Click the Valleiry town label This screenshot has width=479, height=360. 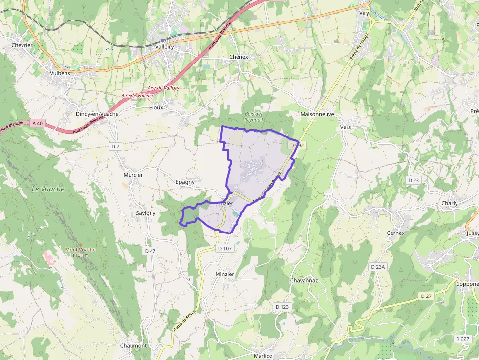click(164, 46)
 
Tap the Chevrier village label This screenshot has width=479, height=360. click(22, 45)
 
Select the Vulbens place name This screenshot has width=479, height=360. click(60, 73)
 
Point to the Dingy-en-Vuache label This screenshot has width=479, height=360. click(97, 114)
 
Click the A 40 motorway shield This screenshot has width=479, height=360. click(37, 123)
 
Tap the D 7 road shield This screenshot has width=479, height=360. click(115, 146)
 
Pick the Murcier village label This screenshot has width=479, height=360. click(133, 175)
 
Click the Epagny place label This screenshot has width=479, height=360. click(185, 182)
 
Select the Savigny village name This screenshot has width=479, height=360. click(146, 213)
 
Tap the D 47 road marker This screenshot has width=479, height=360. click(150, 251)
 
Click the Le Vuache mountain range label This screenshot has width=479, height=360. click(48, 189)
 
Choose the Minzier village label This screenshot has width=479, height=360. click(225, 274)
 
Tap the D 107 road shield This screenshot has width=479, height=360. click(225, 248)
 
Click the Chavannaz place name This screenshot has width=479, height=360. click(304, 281)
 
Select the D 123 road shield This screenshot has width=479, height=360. click(282, 307)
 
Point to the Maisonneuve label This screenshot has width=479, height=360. click(318, 114)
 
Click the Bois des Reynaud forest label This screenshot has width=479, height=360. click(254, 117)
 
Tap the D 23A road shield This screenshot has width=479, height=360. click(378, 267)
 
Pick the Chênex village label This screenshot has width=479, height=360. click(239, 57)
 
